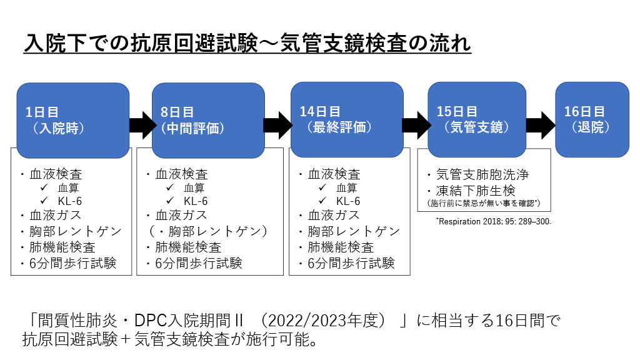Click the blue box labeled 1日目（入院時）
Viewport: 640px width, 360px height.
[72, 120]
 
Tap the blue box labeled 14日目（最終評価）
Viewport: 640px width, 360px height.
[347, 120]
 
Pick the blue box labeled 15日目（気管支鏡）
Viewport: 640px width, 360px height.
[476, 120]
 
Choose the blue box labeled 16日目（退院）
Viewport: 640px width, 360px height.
[592, 120]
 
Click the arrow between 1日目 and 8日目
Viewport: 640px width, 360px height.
[141, 125]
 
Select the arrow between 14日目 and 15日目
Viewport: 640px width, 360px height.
[415, 125]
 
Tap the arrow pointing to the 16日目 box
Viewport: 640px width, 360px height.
[540, 125]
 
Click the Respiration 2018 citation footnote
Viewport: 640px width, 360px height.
[493, 221]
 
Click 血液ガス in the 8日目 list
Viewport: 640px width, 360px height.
[182, 216]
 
